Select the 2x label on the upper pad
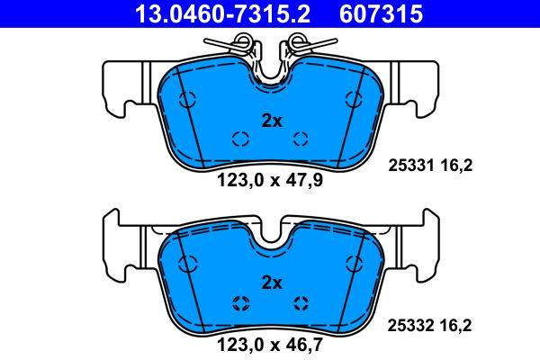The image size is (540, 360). (271, 120)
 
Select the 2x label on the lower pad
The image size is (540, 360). (271, 282)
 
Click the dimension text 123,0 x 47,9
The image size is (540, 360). (270, 179)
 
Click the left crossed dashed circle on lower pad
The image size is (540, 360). (240, 301)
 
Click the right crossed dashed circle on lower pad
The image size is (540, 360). (301, 301)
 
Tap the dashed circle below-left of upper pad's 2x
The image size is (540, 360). (240, 138)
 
